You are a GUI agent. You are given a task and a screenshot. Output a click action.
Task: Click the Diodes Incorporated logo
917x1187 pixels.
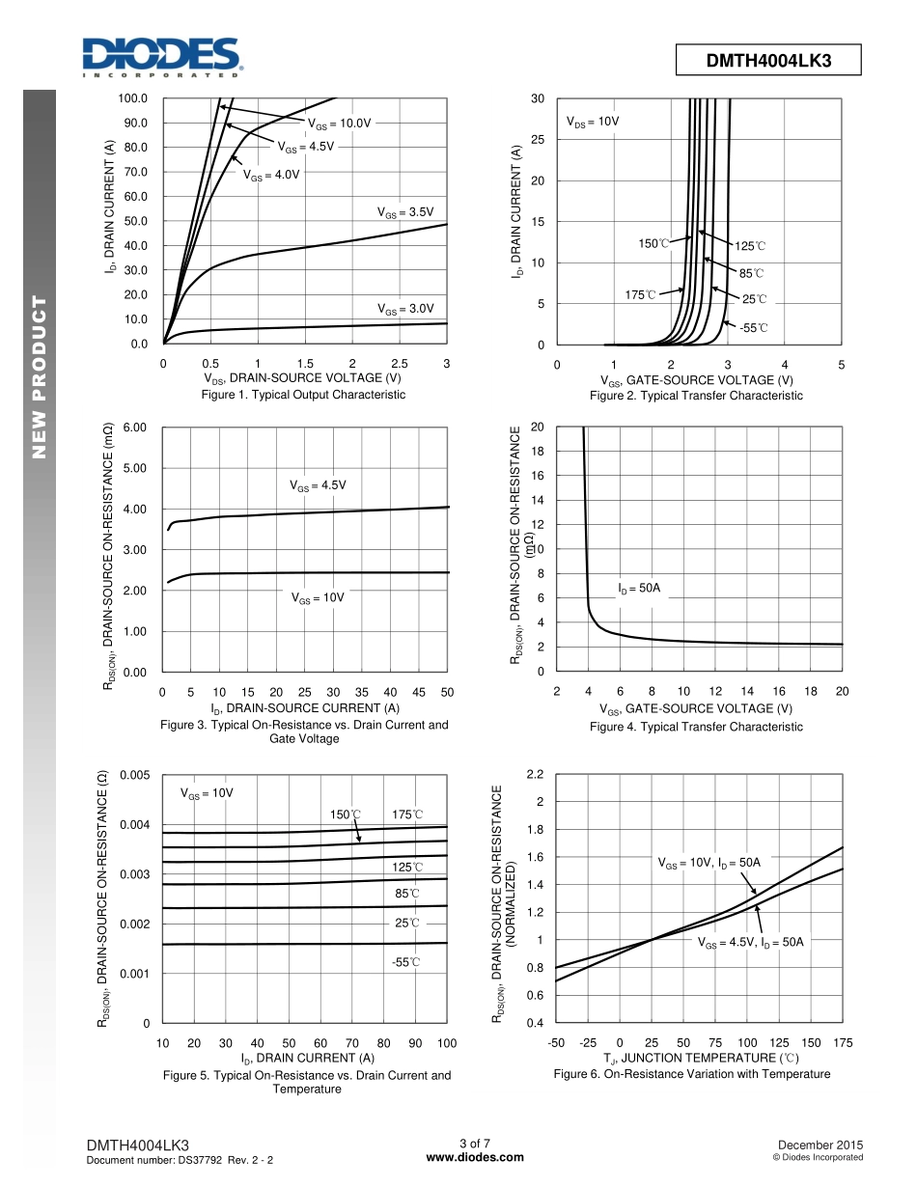point(161,57)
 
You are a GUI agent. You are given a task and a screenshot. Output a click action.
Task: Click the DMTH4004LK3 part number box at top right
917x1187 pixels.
point(768,61)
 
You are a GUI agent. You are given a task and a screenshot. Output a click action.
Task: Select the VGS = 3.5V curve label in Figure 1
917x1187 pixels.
point(405,212)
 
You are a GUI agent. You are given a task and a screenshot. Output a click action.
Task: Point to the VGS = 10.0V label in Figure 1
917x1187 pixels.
point(339,124)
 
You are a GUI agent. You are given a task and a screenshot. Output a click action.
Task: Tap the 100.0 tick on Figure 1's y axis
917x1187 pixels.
point(133,98)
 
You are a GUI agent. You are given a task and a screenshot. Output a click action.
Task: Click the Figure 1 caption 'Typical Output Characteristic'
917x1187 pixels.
point(303,396)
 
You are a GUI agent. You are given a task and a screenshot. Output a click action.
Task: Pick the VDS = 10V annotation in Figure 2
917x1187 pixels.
point(592,123)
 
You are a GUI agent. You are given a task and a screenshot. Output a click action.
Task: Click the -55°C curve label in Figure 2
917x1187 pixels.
point(754,328)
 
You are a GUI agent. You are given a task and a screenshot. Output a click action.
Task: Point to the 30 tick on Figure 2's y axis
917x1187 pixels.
point(538,98)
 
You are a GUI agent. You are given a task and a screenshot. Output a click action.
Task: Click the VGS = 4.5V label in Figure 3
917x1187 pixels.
point(318,485)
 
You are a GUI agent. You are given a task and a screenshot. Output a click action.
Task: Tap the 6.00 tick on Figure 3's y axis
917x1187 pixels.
point(135,428)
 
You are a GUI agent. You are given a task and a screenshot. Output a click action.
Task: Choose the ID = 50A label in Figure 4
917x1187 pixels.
point(639,587)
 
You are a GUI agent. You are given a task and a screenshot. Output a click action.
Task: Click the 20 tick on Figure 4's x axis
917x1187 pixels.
point(842,691)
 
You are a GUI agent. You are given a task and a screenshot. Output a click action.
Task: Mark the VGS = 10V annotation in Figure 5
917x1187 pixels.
point(207,793)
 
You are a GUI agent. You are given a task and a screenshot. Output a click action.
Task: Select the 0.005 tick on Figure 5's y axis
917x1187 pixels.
point(135,776)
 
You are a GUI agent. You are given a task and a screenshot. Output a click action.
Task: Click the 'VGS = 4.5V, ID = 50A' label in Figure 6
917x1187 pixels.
point(750,943)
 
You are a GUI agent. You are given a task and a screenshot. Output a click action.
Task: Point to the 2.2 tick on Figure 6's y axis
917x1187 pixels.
point(536,775)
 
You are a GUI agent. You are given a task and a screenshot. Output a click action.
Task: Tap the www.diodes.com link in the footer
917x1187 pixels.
point(475,1157)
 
